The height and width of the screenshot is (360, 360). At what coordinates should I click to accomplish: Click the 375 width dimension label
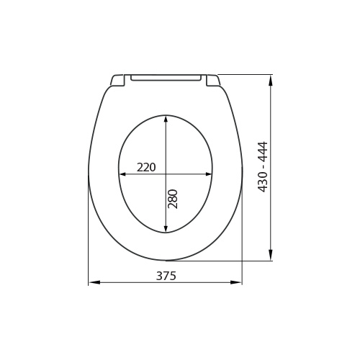[166, 276]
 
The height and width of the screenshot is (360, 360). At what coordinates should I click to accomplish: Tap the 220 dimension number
[146, 167]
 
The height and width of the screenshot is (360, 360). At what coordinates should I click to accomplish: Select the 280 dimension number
[173, 199]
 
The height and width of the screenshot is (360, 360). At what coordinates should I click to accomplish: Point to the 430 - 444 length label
[262, 167]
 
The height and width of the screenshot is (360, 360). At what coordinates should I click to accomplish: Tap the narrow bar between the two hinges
[166, 78]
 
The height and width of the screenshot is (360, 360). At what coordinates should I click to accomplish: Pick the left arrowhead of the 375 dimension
[94, 282]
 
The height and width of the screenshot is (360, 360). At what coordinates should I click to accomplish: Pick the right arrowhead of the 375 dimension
[236, 282]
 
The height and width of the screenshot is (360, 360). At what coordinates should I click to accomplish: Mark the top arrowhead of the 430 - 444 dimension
[271, 81]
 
